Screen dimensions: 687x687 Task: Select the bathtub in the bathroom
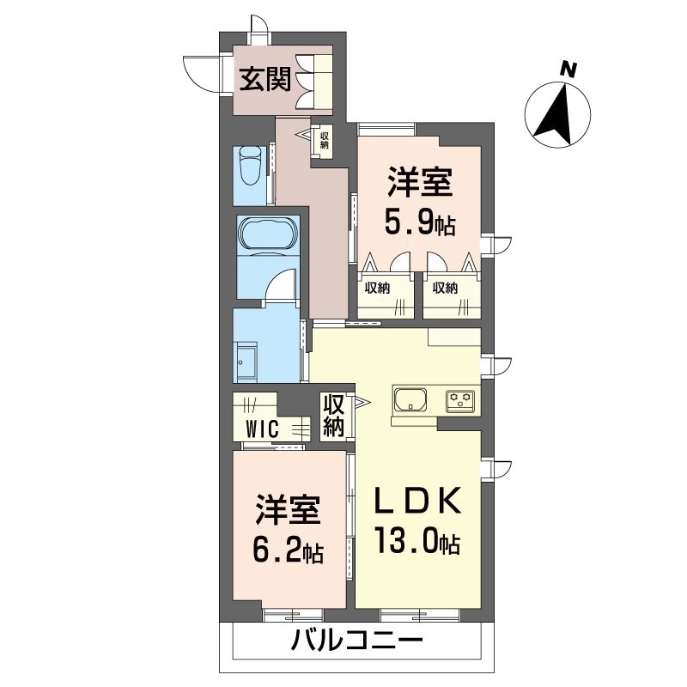point(267,234)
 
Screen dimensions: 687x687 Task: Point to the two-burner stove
point(459,400)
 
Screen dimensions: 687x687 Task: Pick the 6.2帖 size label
point(288,551)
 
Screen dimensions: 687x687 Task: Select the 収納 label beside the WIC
point(333,416)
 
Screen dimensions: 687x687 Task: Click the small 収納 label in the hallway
point(325,138)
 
